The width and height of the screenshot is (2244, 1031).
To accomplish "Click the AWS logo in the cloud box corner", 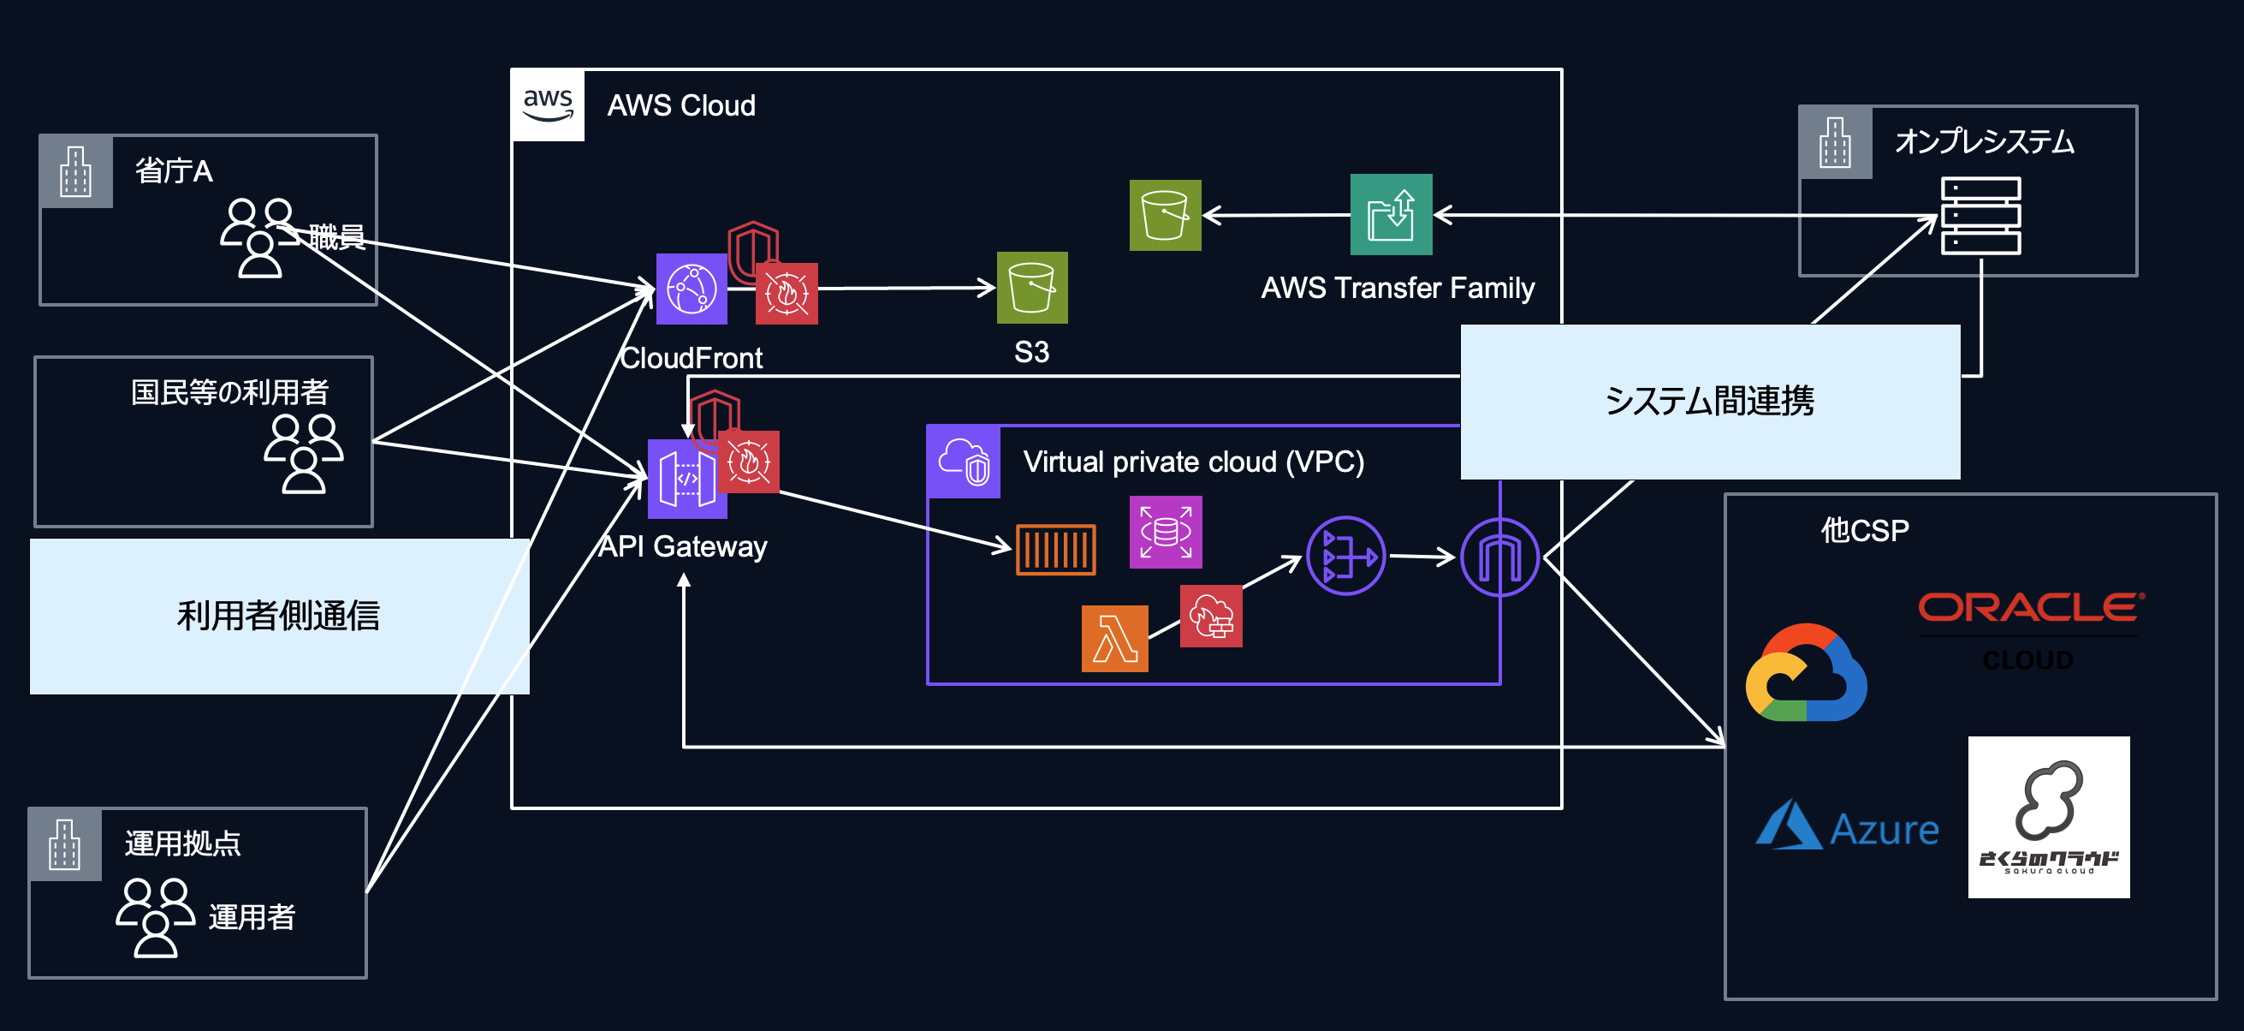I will point(548,105).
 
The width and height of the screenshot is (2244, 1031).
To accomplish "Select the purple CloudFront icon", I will point(692,289).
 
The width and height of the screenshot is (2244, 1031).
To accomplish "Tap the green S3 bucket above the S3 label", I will point(1032,288).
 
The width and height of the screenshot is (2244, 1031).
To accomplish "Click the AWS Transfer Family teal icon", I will point(1392,214).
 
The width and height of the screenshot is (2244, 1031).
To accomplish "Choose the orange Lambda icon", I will point(1114,639).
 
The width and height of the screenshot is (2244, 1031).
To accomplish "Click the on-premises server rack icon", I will point(1980,216).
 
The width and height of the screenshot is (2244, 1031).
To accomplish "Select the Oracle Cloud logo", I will point(2031,608).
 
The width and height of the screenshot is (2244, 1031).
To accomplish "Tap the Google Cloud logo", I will point(1806,673).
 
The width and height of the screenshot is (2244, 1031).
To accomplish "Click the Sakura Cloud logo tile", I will point(2049,817).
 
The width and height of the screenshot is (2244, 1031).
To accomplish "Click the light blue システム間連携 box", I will point(1710,402).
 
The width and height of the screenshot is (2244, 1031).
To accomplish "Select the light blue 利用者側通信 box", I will point(279,617).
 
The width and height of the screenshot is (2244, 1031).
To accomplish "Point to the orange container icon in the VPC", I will point(1056,550).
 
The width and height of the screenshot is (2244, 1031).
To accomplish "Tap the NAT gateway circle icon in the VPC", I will point(1346,556).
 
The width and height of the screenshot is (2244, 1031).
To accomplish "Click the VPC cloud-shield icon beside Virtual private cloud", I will point(964,462).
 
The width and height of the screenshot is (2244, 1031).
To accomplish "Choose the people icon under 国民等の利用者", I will point(304,453).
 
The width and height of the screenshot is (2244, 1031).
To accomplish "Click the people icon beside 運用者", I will point(155,917).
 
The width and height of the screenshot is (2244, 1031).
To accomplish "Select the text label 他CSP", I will point(1865,530).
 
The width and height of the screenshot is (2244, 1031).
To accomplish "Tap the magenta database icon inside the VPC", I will point(1166,532).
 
